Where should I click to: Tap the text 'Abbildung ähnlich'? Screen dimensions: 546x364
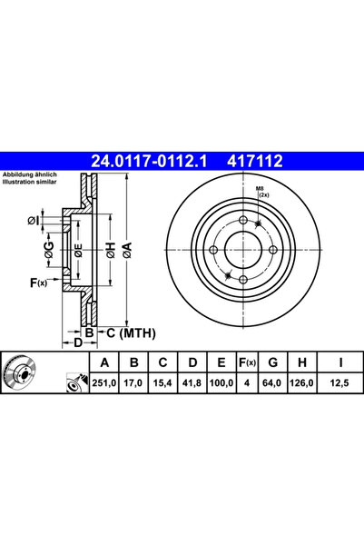click(30, 174)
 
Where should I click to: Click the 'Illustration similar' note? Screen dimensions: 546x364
click(31, 181)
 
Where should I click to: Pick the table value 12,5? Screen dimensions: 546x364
click(340, 384)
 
